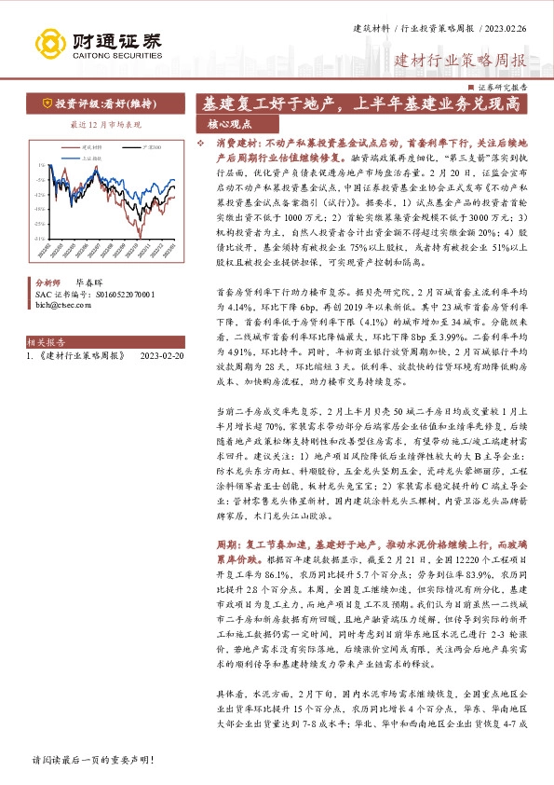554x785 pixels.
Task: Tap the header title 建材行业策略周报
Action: click(460, 62)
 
